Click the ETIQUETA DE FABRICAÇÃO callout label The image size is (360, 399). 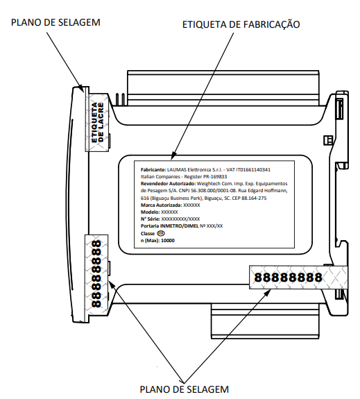coord(241,24)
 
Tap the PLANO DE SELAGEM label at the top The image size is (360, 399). coord(55,22)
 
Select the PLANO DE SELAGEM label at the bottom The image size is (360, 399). coord(185,389)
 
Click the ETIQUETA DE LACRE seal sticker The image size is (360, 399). coord(97,122)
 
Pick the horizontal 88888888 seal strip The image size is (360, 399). coord(298,277)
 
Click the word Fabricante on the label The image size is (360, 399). coord(153,170)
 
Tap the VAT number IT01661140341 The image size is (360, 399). coord(253,170)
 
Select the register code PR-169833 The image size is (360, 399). coord(215,176)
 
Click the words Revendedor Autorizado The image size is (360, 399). coord(168,184)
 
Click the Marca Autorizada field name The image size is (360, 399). coord(162,205)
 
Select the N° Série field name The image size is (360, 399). coord(151,219)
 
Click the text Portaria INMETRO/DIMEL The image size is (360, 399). coord(169,226)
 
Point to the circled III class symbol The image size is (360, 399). coord(161,233)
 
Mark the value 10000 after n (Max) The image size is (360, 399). coord(168,241)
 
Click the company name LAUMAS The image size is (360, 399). coord(175,170)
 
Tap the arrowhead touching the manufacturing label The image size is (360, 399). coord(173,155)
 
